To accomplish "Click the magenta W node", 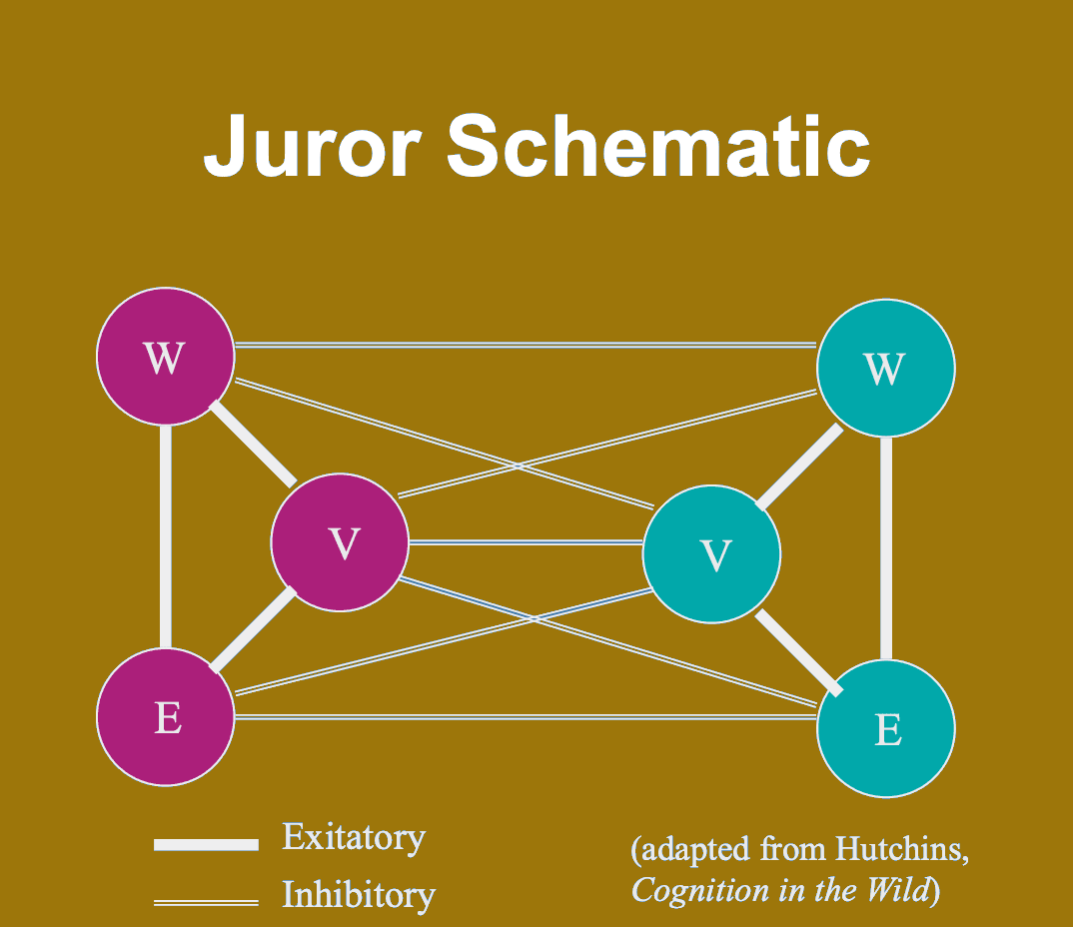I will tap(165, 357).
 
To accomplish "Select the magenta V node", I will tap(341, 541).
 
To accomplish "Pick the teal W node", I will tap(885, 368).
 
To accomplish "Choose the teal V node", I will tap(711, 554).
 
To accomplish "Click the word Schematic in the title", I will tap(657, 146).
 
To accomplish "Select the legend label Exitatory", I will tap(354, 837).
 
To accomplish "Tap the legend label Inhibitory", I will tap(359, 894).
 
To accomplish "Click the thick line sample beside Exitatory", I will tap(206, 845).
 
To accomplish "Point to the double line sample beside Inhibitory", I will tap(206, 903).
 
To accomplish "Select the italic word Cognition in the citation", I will tap(695, 890).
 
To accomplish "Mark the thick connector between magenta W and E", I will tap(166, 536).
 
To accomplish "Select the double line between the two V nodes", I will tap(526, 542).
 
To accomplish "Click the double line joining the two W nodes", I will tap(526, 346).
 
